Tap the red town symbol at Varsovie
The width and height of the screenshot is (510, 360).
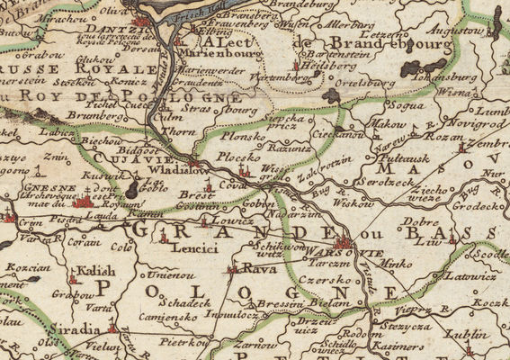pos(342,242)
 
